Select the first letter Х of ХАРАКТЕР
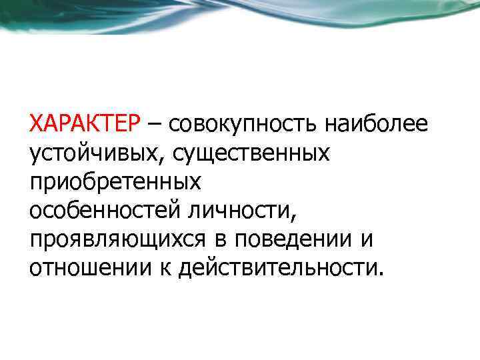pos(36,124)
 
